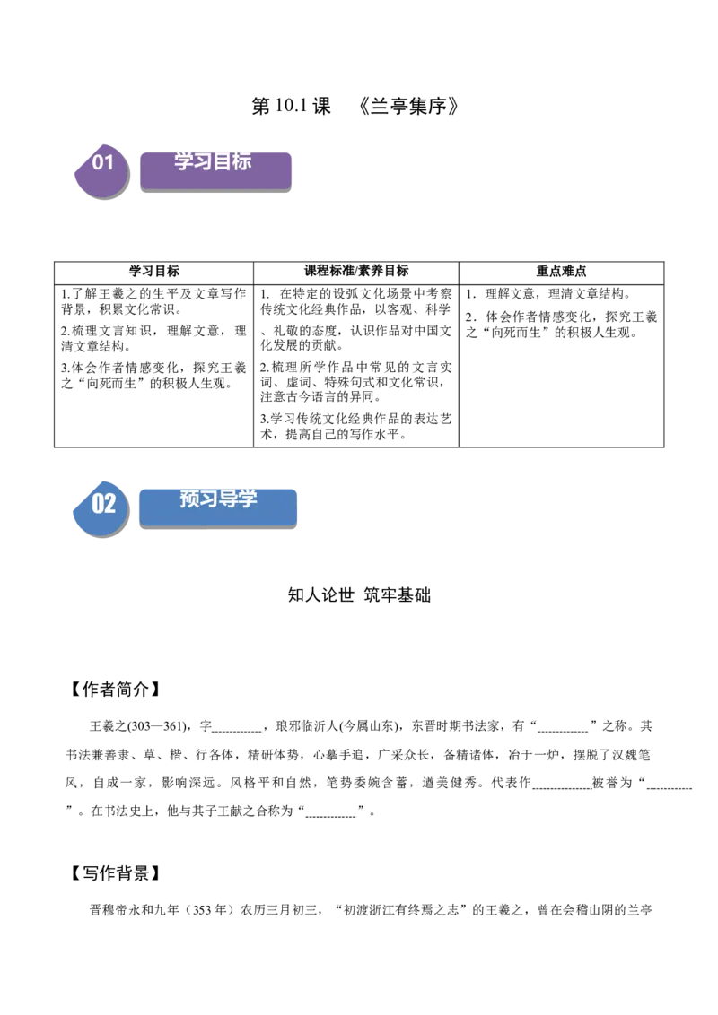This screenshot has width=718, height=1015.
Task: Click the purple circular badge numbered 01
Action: coord(101,170)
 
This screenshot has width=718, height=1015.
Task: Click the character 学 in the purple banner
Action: coord(184,161)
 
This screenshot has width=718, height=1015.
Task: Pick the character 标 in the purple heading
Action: coord(241,161)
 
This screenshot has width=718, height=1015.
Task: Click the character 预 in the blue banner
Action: coord(189,499)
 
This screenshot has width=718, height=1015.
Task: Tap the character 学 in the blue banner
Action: coord(247,499)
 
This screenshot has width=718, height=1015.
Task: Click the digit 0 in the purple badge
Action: coord(97,162)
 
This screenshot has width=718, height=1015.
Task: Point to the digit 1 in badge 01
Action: coord(109,162)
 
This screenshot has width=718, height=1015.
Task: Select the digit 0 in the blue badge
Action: coord(98,503)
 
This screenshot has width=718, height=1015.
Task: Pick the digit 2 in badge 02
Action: coord(110,503)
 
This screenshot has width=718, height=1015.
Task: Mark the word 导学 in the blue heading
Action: coord(238,499)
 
